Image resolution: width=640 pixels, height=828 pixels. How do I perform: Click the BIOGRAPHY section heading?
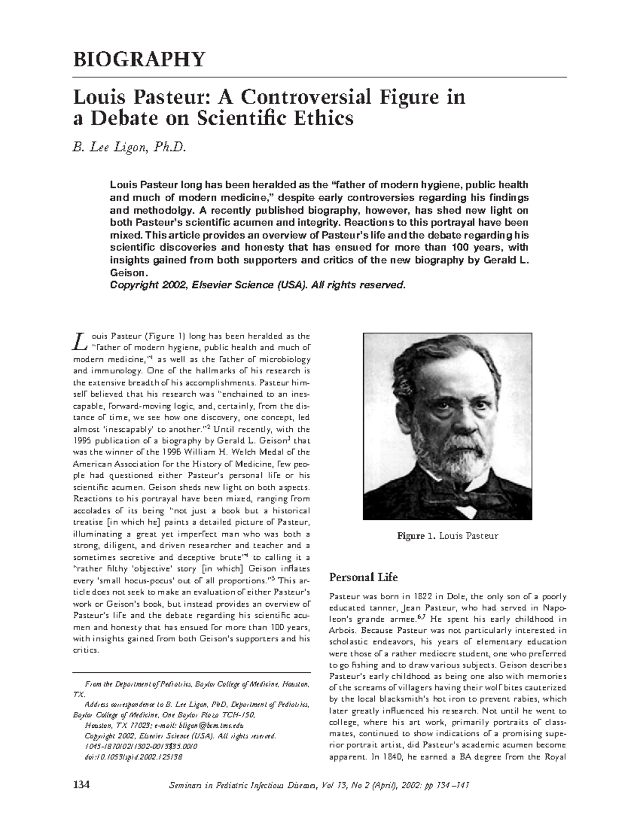[139, 59]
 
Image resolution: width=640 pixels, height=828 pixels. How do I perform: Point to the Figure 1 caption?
[447, 536]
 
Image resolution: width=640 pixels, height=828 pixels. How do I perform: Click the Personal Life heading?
[363, 577]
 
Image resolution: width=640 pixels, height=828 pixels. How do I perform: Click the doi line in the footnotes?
[134, 757]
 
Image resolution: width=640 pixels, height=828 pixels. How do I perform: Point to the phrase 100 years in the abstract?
[477, 247]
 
